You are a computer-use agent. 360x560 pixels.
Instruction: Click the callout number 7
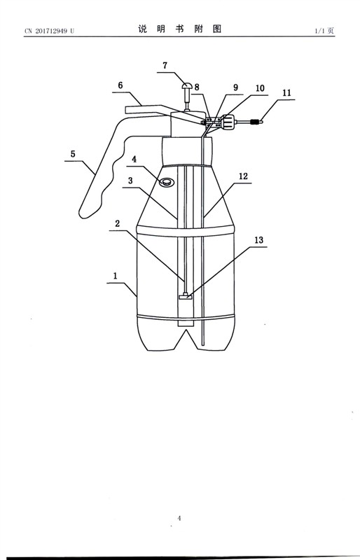point(165,65)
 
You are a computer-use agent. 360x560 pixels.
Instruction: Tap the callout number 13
point(259,240)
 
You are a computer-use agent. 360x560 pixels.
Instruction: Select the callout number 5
point(73,154)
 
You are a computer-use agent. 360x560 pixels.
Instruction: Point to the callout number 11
point(286,93)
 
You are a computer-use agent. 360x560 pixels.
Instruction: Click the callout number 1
point(116,276)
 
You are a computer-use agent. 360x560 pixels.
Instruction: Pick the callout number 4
point(134,159)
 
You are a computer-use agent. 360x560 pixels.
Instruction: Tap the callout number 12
point(244,176)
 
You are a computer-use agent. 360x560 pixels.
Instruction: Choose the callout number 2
point(117,223)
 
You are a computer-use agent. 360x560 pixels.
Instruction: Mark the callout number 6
point(120,85)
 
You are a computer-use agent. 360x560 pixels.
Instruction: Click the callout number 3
point(130,181)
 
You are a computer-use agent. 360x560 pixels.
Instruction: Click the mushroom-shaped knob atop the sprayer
point(187,85)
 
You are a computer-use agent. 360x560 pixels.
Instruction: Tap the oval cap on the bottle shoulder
point(166,182)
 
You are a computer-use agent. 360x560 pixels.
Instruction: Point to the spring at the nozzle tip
point(255,122)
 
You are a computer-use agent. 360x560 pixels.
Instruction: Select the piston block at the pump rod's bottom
point(185,296)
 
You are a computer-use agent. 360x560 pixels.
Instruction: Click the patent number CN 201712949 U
point(50,31)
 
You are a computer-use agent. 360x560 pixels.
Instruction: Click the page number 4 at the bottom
point(179,518)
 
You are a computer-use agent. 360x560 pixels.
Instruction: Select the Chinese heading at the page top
point(180,29)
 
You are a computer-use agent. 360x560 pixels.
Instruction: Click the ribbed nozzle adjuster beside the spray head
point(228,122)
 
